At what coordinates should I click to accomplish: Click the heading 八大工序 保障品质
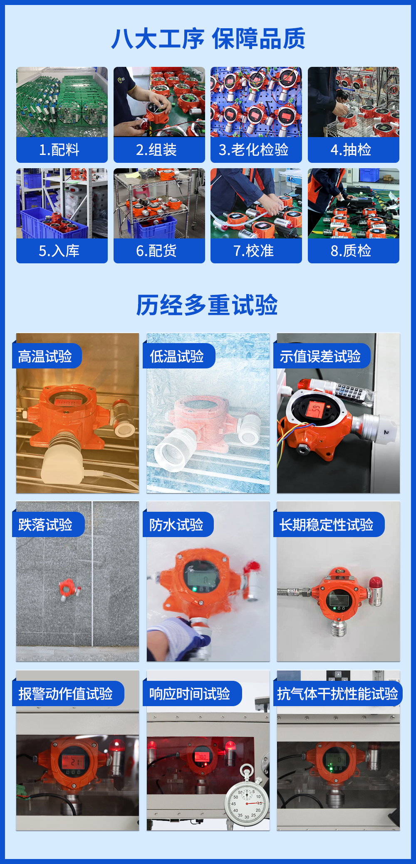tap(208, 39)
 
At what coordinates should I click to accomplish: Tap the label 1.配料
tap(59, 150)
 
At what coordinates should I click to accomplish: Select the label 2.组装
tap(156, 150)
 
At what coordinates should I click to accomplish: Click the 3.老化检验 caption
tap(254, 150)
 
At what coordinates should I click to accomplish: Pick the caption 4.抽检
tap(351, 150)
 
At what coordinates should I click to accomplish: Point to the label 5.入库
tap(59, 251)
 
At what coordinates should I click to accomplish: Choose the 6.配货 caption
tap(156, 251)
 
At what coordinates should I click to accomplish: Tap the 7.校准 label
tap(254, 251)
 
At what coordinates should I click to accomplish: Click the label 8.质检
tap(351, 251)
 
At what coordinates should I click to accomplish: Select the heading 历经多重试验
tap(207, 305)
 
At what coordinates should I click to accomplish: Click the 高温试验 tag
tap(47, 356)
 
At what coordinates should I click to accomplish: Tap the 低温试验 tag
tap(179, 356)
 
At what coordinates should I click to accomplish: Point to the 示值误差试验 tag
tap(322, 356)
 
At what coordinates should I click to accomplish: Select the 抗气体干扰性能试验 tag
tap(338, 694)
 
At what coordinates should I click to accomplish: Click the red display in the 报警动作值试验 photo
tap(73, 762)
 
